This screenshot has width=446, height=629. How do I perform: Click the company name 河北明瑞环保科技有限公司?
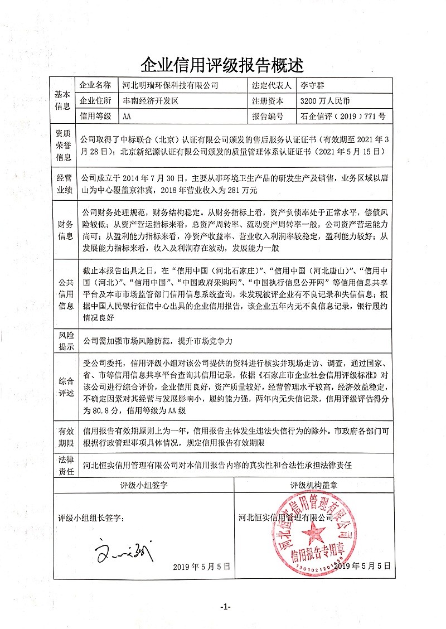coord(171,85)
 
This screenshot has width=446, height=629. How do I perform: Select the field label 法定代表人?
coord(272,85)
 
